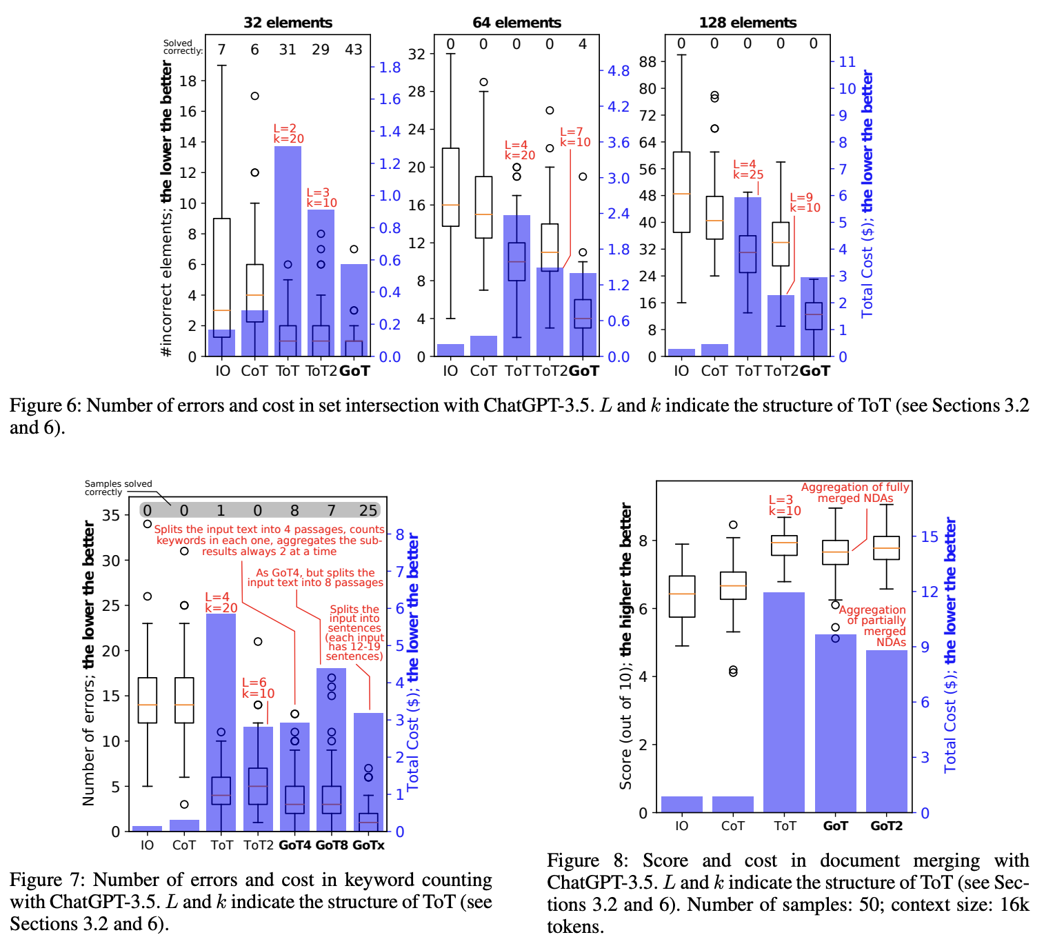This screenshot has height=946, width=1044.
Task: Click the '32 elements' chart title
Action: pos(288,23)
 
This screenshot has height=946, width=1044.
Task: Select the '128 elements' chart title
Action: pos(747,23)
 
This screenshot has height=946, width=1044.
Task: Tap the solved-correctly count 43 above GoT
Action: pos(354,50)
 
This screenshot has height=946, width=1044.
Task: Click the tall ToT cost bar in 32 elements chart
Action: pos(288,207)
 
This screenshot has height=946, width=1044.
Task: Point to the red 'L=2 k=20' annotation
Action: pos(288,134)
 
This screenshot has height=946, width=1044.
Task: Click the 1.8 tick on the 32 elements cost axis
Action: pos(390,68)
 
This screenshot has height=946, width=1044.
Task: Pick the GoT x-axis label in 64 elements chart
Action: pos(584,371)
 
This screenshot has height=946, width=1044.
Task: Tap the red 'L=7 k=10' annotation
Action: pos(575,137)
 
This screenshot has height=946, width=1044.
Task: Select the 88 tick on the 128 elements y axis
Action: pos(648,62)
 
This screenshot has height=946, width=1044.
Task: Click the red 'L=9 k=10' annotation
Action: pos(805,203)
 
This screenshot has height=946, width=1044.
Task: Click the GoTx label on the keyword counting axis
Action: pos(368,845)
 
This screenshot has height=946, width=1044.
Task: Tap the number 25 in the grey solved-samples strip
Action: pos(368,510)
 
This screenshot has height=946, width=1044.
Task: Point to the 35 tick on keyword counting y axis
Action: pos(111,515)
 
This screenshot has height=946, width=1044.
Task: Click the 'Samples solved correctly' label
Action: pos(118,488)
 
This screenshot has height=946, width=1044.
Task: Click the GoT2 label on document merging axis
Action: pos(886,826)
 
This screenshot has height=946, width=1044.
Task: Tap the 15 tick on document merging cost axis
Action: pos(930,536)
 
